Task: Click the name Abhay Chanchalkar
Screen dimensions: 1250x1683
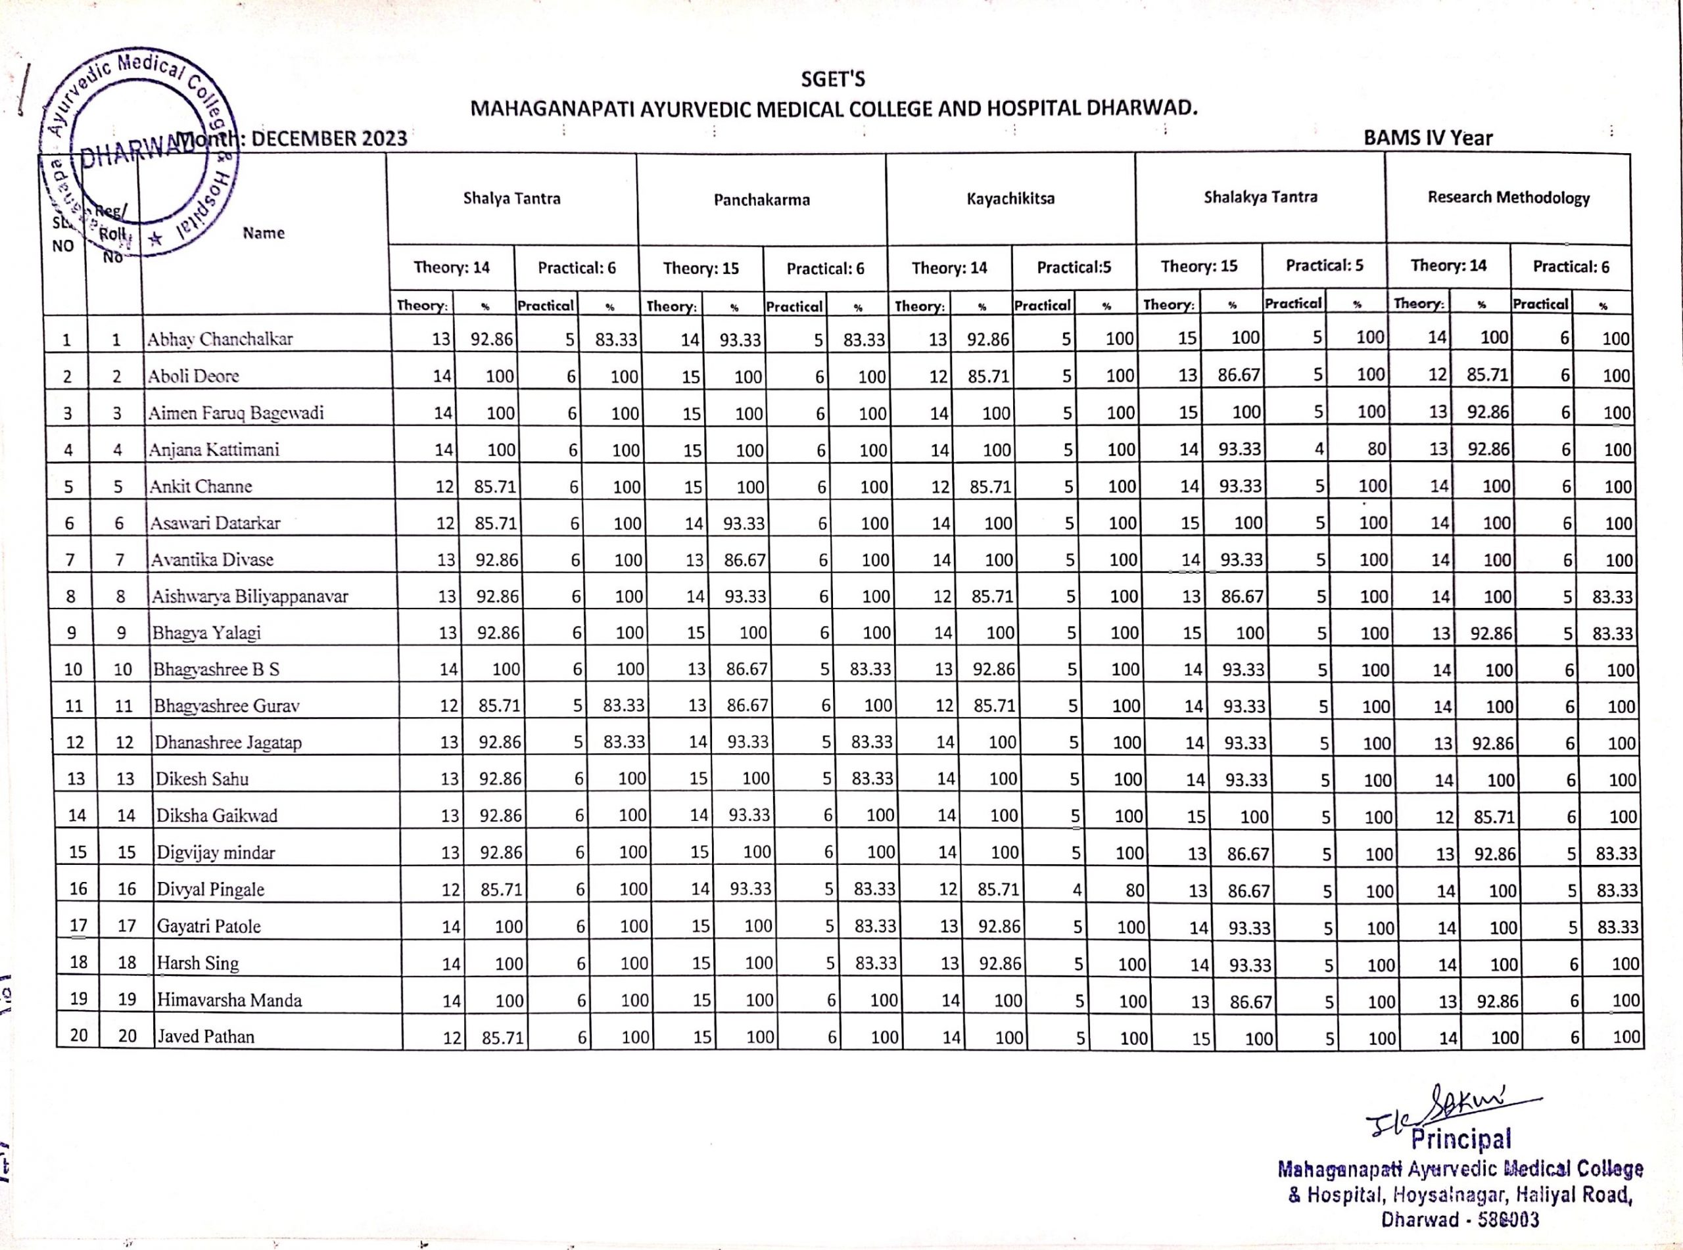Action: click(220, 339)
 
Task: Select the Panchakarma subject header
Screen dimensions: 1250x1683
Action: click(761, 200)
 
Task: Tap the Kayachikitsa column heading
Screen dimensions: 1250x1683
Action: click(1010, 199)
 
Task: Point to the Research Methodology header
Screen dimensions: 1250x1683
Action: click(1508, 197)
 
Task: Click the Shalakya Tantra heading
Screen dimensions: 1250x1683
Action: click(1260, 197)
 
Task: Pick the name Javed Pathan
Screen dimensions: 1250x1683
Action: click(205, 1036)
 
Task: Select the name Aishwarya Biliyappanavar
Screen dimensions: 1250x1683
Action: click(250, 596)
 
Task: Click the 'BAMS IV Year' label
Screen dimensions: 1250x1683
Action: click(1428, 139)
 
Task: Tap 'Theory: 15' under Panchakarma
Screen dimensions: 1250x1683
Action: click(701, 269)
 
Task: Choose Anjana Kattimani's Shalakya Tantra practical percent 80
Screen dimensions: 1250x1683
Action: click(1377, 450)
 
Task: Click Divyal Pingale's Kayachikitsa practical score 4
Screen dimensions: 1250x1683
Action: click(1076, 890)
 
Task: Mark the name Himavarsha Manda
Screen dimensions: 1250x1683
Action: click(229, 1000)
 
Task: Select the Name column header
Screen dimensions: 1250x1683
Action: click(264, 233)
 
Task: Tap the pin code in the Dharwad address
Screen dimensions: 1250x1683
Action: click(1509, 1220)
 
